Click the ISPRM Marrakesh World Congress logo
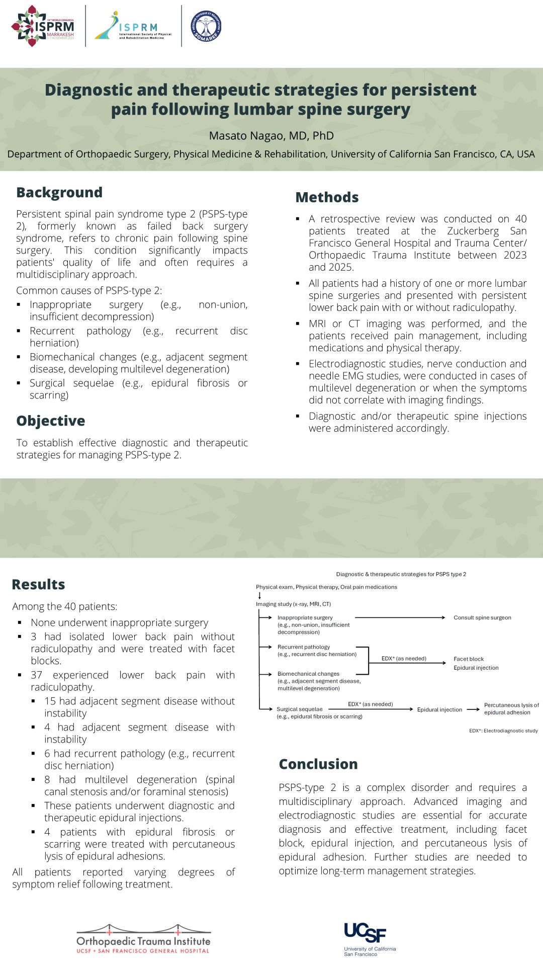pos(43,26)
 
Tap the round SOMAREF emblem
pos(206,26)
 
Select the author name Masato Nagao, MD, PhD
pos(271,136)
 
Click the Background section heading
pos(59,193)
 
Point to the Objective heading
pos(51,421)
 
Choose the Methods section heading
pos(327,198)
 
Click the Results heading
pos(39,585)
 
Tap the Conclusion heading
pos(318,764)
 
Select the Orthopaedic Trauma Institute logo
pos(143,939)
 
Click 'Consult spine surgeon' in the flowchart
pos(482,618)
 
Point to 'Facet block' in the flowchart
pos(469,659)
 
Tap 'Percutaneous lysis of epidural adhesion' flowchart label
pos(511,709)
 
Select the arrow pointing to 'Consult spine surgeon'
pos(400,617)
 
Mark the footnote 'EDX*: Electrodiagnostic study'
pos(503,731)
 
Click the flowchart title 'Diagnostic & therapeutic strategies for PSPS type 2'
pos(401,575)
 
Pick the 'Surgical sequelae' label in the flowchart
pos(300,709)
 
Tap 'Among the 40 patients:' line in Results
pos(65,607)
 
